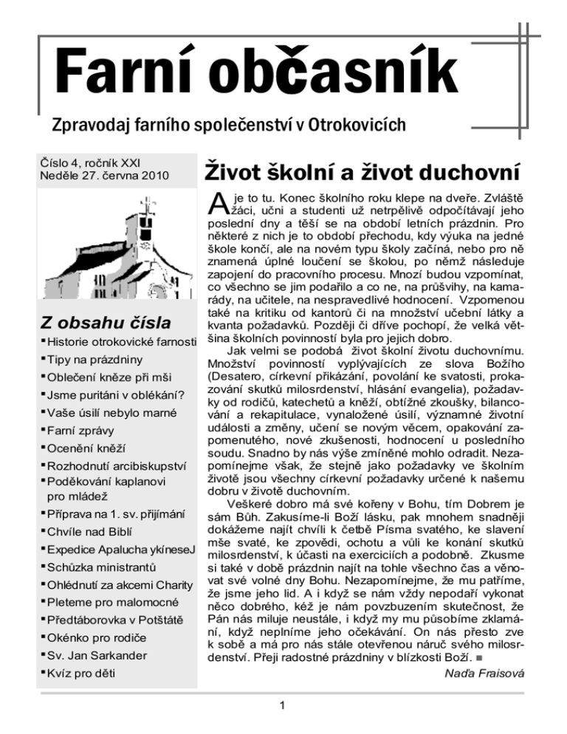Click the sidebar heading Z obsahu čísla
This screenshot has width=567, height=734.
click(x=109, y=323)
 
